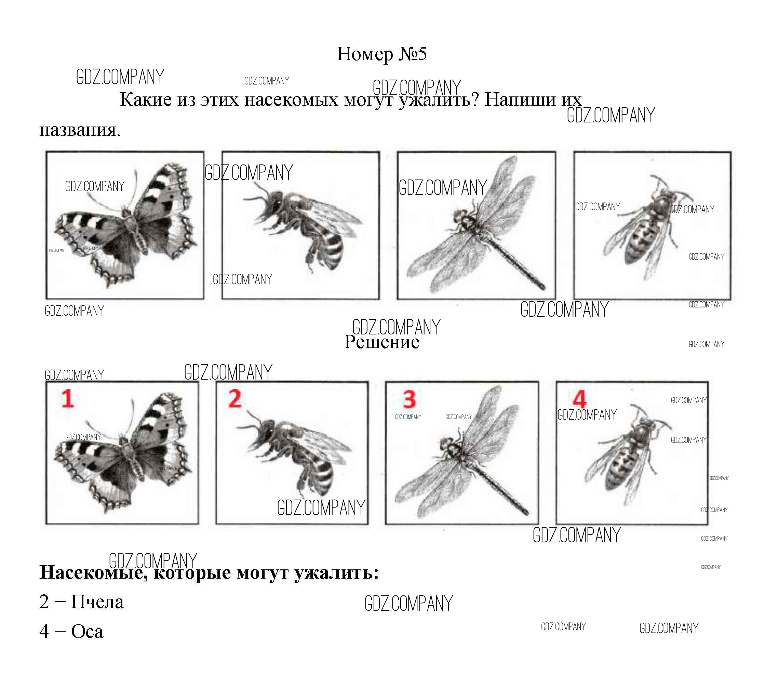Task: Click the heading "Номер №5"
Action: [x=381, y=54]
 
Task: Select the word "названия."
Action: [x=80, y=130]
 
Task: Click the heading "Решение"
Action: [x=381, y=342]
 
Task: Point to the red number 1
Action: [x=67, y=398]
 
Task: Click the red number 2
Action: [x=235, y=398]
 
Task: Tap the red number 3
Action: [x=409, y=399]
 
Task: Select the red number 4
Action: [x=579, y=399]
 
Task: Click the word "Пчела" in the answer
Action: [x=97, y=602]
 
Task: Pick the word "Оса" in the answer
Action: [x=87, y=632]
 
